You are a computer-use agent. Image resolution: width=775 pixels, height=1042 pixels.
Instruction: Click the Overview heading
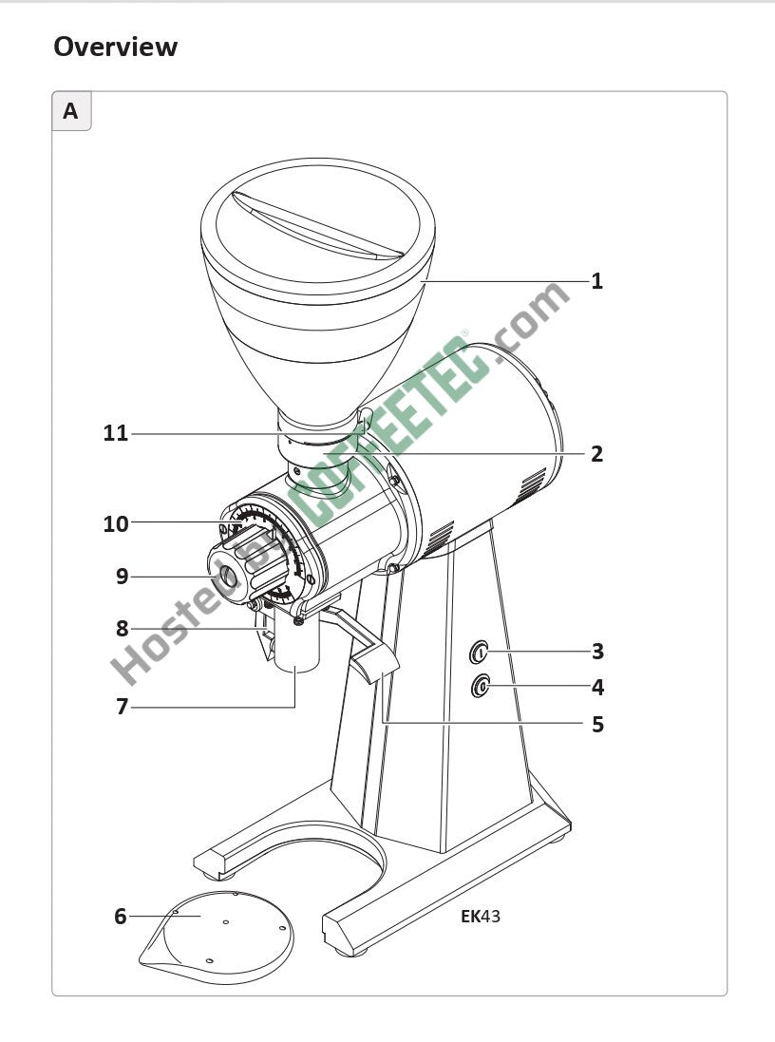coord(116,47)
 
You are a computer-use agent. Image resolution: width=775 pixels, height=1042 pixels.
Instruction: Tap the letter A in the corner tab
coord(70,111)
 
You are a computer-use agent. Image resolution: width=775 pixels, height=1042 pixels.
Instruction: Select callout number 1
coord(596,281)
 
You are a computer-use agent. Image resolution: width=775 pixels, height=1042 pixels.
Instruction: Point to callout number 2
coord(596,454)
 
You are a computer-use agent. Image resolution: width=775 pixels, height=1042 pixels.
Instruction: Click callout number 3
coord(597,652)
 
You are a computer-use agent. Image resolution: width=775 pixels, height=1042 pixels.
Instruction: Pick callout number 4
coord(597,687)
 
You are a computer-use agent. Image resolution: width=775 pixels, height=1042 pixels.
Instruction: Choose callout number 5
coord(597,724)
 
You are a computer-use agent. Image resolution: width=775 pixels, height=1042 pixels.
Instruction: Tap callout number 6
coord(121,917)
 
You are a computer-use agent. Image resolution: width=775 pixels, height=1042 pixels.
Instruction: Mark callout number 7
coord(122,707)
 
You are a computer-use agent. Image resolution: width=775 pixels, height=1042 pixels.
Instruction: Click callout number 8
coord(122,628)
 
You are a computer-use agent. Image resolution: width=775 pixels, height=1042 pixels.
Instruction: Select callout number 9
coord(122,577)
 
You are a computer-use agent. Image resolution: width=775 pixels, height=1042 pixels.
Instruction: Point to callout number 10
coord(116,524)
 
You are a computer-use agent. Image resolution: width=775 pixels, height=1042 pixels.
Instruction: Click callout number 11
coord(116,433)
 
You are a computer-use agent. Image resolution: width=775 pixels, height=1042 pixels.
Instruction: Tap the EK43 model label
coord(481,917)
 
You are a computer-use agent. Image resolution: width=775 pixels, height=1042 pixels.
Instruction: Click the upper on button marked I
coord(480,653)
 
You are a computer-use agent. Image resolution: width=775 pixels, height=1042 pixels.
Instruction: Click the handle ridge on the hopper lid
coord(318,224)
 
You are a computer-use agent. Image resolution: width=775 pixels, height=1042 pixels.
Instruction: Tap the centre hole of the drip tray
coord(226,922)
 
